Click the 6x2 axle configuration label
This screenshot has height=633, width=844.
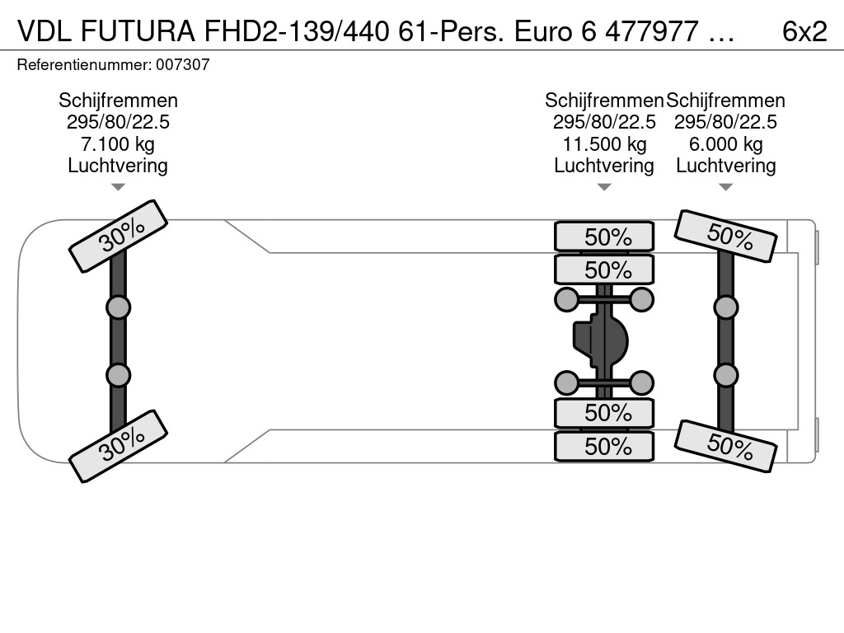pos(804,32)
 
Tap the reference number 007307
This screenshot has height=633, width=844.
pos(182,64)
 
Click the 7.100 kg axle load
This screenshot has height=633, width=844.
pos(118,143)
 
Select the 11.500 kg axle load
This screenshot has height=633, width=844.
pos(604,143)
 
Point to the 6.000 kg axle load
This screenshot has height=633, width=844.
pos(725,143)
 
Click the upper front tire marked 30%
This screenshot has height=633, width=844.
pos(118,237)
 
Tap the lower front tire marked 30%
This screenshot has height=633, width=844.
pos(118,446)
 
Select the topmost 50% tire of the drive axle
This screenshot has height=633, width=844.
pos(604,237)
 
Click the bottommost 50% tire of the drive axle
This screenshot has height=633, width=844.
pos(604,447)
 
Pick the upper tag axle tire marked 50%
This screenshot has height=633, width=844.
pos(725,236)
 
